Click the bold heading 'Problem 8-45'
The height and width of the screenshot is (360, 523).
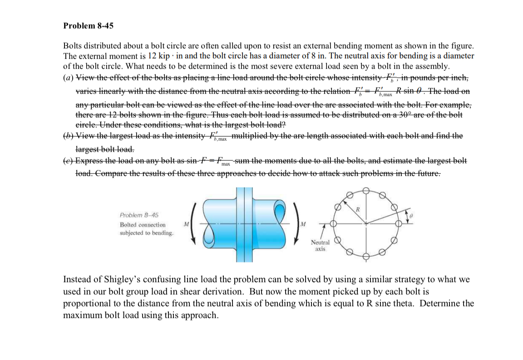(88, 26)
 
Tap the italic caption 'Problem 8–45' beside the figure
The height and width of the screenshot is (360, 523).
(136, 215)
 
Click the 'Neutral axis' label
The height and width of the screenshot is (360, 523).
(320, 246)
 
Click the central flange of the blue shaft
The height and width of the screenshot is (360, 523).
(244, 222)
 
